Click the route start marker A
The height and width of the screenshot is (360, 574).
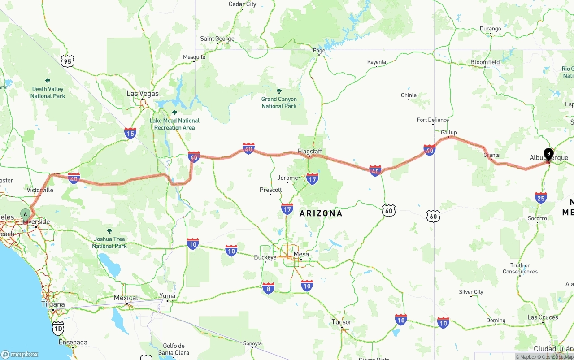(26, 214)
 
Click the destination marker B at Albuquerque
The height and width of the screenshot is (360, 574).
(548, 154)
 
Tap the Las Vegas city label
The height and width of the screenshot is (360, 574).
(142, 94)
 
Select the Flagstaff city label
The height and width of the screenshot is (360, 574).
(310, 152)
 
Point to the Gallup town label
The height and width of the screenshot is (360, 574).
(448, 132)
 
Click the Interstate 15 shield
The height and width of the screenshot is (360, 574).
(130, 133)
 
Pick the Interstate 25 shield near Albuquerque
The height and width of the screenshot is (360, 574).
(541, 198)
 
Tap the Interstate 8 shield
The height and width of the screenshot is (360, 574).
(269, 288)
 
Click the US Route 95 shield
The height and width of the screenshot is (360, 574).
(67, 61)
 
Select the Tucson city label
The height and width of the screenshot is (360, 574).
(342, 322)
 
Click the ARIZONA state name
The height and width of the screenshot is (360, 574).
(321, 213)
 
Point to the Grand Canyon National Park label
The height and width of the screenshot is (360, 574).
(279, 103)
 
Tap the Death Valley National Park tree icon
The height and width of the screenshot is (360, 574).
(48, 81)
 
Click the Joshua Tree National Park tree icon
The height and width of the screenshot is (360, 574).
(110, 231)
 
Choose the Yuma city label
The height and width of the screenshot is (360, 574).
(167, 295)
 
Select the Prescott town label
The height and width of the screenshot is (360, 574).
(270, 190)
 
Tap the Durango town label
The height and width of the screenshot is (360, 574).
(490, 29)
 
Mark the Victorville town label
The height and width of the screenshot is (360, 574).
(40, 190)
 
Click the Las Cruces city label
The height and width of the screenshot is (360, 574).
(543, 317)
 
